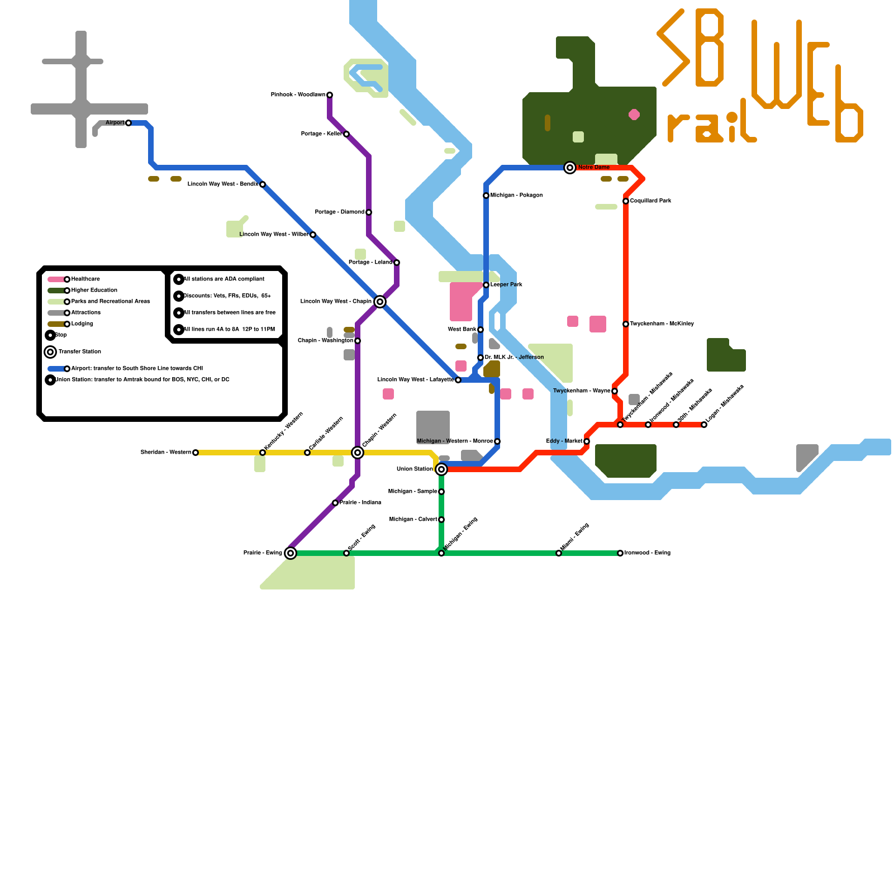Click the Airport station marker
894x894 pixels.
[x=129, y=123]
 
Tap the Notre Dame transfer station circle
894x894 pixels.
[x=570, y=168]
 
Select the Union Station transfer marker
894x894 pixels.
[x=441, y=469]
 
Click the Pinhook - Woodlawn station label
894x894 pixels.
[x=298, y=95]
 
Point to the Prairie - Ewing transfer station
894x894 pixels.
[x=291, y=553]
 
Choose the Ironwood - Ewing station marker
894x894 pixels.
[x=620, y=553]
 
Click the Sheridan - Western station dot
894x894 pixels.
[x=196, y=453]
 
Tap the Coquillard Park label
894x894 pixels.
[x=650, y=201]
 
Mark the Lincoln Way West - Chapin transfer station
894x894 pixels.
[x=380, y=302]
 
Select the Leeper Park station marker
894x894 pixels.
[x=486, y=285]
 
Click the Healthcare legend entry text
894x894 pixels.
[x=85, y=279]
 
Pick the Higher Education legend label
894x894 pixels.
[x=94, y=291]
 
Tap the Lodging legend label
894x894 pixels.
[x=82, y=324]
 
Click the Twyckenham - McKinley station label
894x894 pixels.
[x=662, y=324]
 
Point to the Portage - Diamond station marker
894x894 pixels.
[x=369, y=212]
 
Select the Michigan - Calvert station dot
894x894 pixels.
[x=441, y=520]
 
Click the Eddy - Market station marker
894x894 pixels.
[x=587, y=441]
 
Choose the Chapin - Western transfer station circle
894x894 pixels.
[x=358, y=453]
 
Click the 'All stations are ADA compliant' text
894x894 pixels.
[x=223, y=279]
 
